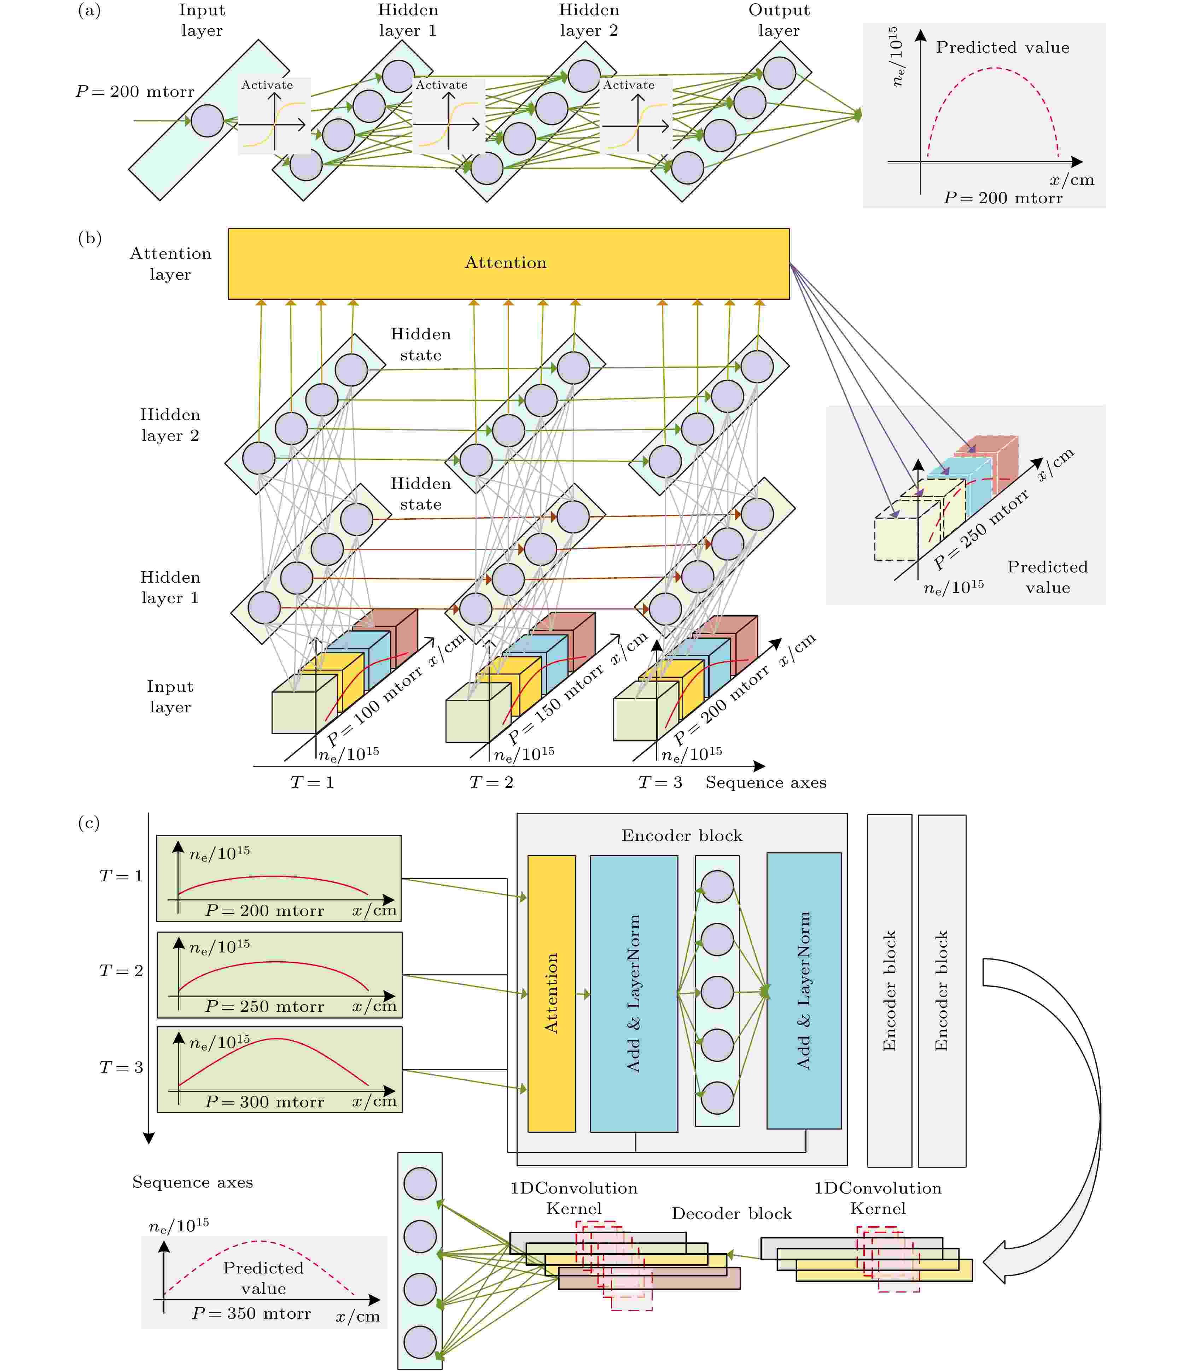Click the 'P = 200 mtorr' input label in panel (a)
point(135,91)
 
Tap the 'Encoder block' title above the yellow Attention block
point(682,836)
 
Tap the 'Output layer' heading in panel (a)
point(779,20)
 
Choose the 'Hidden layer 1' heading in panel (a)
point(408,20)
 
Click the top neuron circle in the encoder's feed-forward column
point(717,887)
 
